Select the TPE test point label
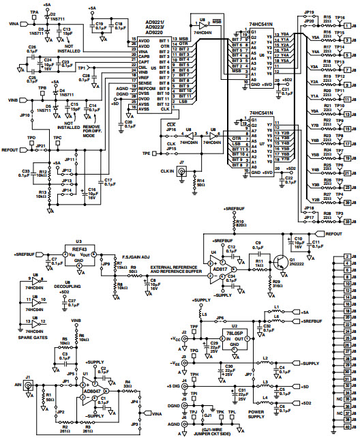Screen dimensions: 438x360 (x=146, y=154)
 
